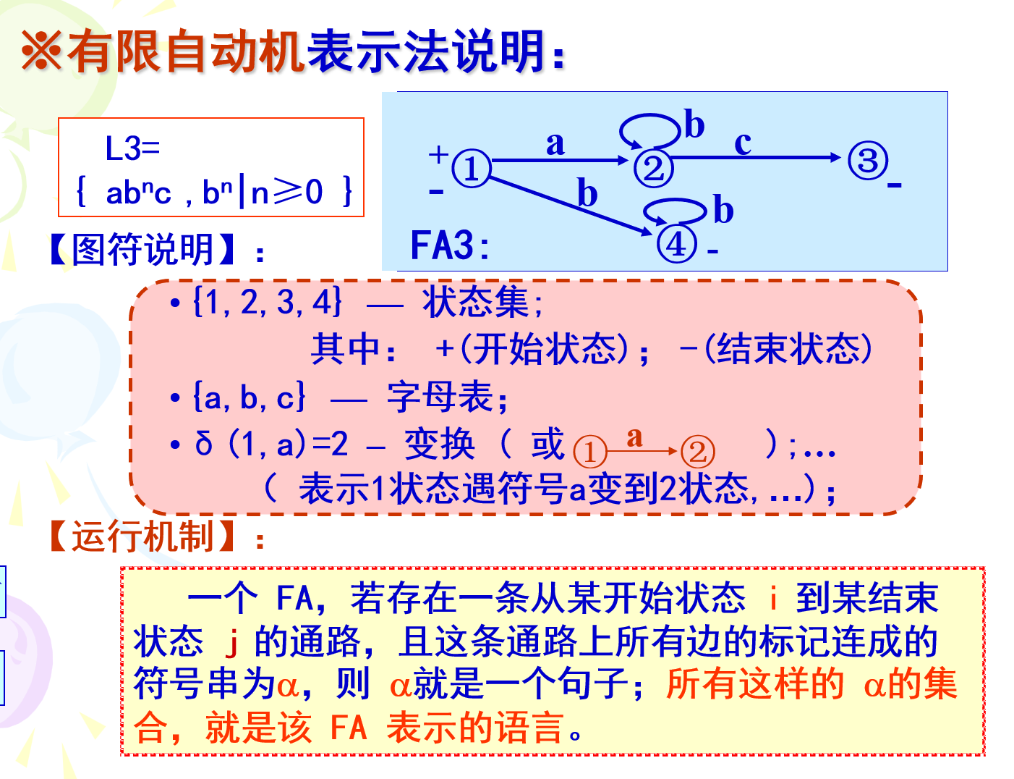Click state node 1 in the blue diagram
tap(472, 169)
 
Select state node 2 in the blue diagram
tap(653, 168)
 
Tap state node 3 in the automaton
tap(867, 160)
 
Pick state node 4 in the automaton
tap(676, 243)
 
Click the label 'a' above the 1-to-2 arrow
tap(555, 143)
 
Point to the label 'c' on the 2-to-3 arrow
tap(743, 143)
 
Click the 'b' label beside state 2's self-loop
tap(694, 125)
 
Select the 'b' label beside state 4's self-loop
tap(723, 210)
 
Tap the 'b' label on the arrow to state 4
tap(587, 194)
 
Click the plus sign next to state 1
tap(438, 153)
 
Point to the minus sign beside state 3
tap(895, 186)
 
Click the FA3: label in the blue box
tap(450, 245)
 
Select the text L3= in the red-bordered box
tap(132, 148)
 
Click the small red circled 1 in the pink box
tap(589, 452)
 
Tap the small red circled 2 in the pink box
tap(697, 452)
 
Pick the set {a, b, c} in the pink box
tap(250, 397)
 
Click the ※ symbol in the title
tap(42, 51)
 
